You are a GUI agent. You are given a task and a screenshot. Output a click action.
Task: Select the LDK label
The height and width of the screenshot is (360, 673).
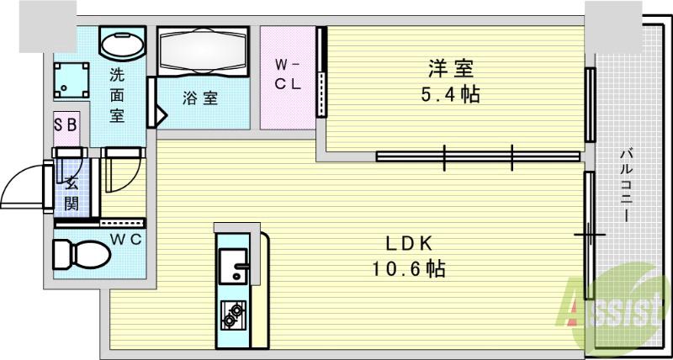pyautogui.click(x=409, y=244)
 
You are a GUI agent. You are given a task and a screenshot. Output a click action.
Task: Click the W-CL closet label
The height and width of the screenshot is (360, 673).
pyautogui.click(x=287, y=77)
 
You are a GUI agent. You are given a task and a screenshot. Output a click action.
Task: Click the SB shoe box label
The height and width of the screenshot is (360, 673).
pyautogui.click(x=66, y=124)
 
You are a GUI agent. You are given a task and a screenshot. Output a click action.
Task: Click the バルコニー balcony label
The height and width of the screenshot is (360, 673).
pyautogui.click(x=628, y=185)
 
